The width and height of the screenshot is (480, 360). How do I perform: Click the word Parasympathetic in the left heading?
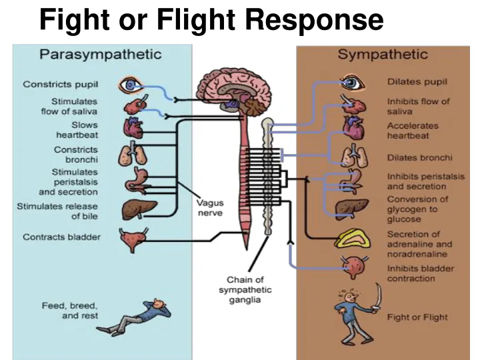[x=100, y=54]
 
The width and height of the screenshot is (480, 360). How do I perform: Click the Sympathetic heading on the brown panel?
[x=383, y=54]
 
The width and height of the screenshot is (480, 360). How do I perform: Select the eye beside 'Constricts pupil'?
[x=129, y=85]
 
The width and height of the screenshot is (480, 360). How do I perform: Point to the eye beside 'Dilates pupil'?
[x=351, y=83]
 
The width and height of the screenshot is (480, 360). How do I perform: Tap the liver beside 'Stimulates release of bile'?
[x=139, y=210]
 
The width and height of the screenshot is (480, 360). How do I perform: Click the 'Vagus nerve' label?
[x=209, y=207]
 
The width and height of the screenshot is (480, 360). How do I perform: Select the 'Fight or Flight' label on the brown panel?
[x=417, y=317]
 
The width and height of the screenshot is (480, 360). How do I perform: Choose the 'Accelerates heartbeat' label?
[x=413, y=131]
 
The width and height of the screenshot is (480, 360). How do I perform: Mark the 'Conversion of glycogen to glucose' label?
[x=418, y=209]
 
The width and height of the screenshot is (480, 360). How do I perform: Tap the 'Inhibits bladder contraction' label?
[x=420, y=273]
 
